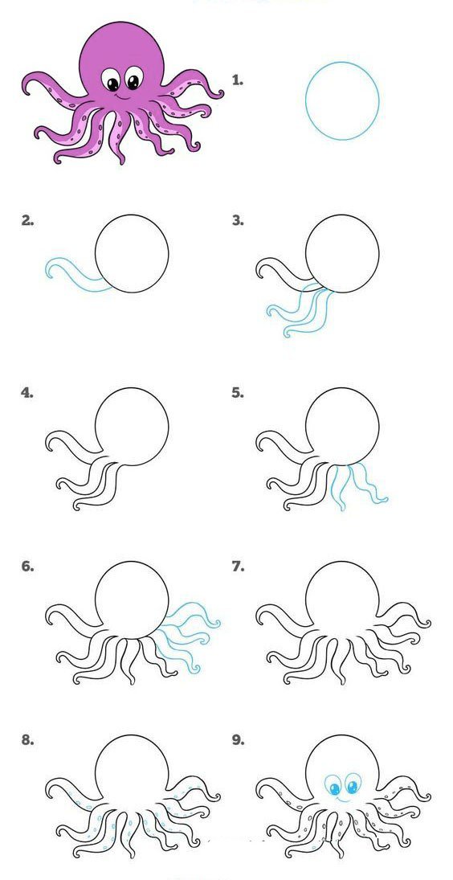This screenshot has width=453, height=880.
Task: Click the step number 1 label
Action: tap(238, 80)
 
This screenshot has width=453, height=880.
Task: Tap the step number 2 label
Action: tap(27, 220)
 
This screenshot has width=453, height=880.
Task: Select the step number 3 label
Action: tap(238, 220)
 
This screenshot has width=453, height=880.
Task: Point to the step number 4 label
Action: tap(27, 393)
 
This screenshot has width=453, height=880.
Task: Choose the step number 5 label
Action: tap(238, 393)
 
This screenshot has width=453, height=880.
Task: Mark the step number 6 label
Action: tap(27, 567)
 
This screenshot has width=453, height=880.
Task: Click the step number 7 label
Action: tap(238, 567)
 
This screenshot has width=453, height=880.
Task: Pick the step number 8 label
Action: tap(27, 739)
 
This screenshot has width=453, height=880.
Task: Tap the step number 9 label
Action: tap(238, 739)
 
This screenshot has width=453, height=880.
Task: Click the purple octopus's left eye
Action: tap(112, 80)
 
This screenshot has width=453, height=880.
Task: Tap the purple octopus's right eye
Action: tap(133, 78)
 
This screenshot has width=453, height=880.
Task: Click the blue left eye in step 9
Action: tap(334, 786)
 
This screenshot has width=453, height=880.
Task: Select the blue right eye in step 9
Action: tap(353, 784)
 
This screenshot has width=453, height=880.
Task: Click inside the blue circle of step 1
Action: tap(342, 101)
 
